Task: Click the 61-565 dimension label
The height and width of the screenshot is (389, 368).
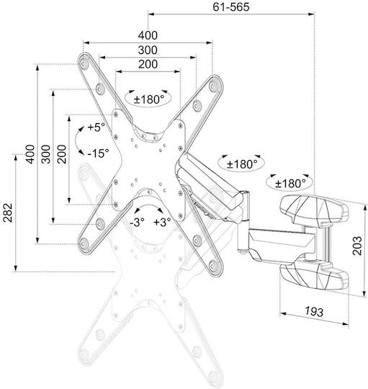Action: pyautogui.click(x=231, y=7)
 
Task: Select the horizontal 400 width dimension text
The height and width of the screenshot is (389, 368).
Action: pyautogui.click(x=148, y=35)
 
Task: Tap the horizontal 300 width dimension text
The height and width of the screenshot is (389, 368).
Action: pyautogui.click(x=148, y=50)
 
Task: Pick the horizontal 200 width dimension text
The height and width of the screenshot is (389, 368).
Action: pyautogui.click(x=148, y=64)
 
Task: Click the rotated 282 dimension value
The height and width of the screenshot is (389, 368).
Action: pyautogui.click(x=8, y=213)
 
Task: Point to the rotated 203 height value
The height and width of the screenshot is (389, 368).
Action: pyautogui.click(x=358, y=246)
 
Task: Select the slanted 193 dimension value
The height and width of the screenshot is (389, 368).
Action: pyautogui.click(x=314, y=312)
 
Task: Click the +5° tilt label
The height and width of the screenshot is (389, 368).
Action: pyautogui.click(x=97, y=128)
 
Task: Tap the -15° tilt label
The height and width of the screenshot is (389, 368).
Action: pyautogui.click(x=98, y=153)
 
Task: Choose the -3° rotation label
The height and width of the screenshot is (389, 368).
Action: pyautogui.click(x=137, y=222)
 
